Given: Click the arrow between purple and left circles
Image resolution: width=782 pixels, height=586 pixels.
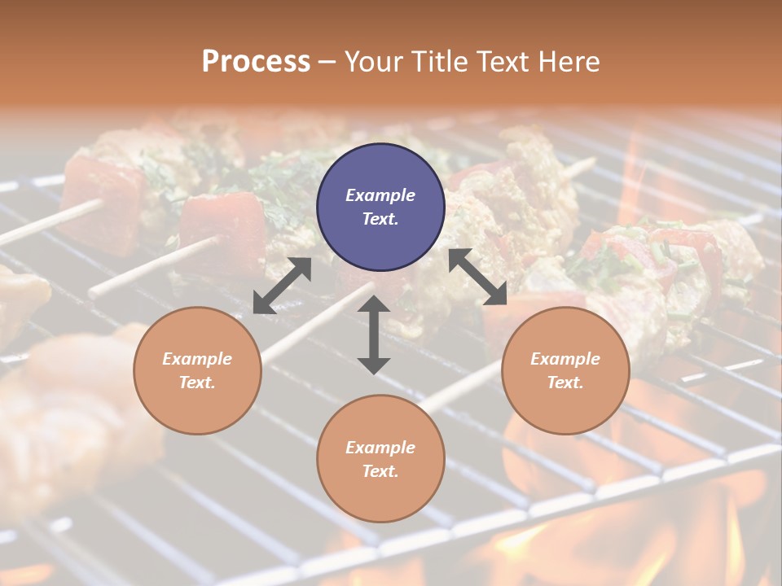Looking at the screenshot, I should [282, 286].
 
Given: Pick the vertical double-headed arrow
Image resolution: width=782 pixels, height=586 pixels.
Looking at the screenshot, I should [374, 335].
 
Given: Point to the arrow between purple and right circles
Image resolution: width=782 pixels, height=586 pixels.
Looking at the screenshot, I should [478, 277].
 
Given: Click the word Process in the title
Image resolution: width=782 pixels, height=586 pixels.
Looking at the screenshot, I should [256, 62].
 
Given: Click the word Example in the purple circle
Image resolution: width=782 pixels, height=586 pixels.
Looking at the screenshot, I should [380, 195].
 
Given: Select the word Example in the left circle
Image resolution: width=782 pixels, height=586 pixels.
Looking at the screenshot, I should [197, 359].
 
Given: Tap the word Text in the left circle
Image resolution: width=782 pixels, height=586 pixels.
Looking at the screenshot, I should [196, 383].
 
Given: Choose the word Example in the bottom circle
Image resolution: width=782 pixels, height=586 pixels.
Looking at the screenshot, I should [380, 448].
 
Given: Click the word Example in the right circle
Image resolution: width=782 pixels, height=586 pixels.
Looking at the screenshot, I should [565, 359].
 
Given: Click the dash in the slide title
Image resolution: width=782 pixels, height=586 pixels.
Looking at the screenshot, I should [327, 63].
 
